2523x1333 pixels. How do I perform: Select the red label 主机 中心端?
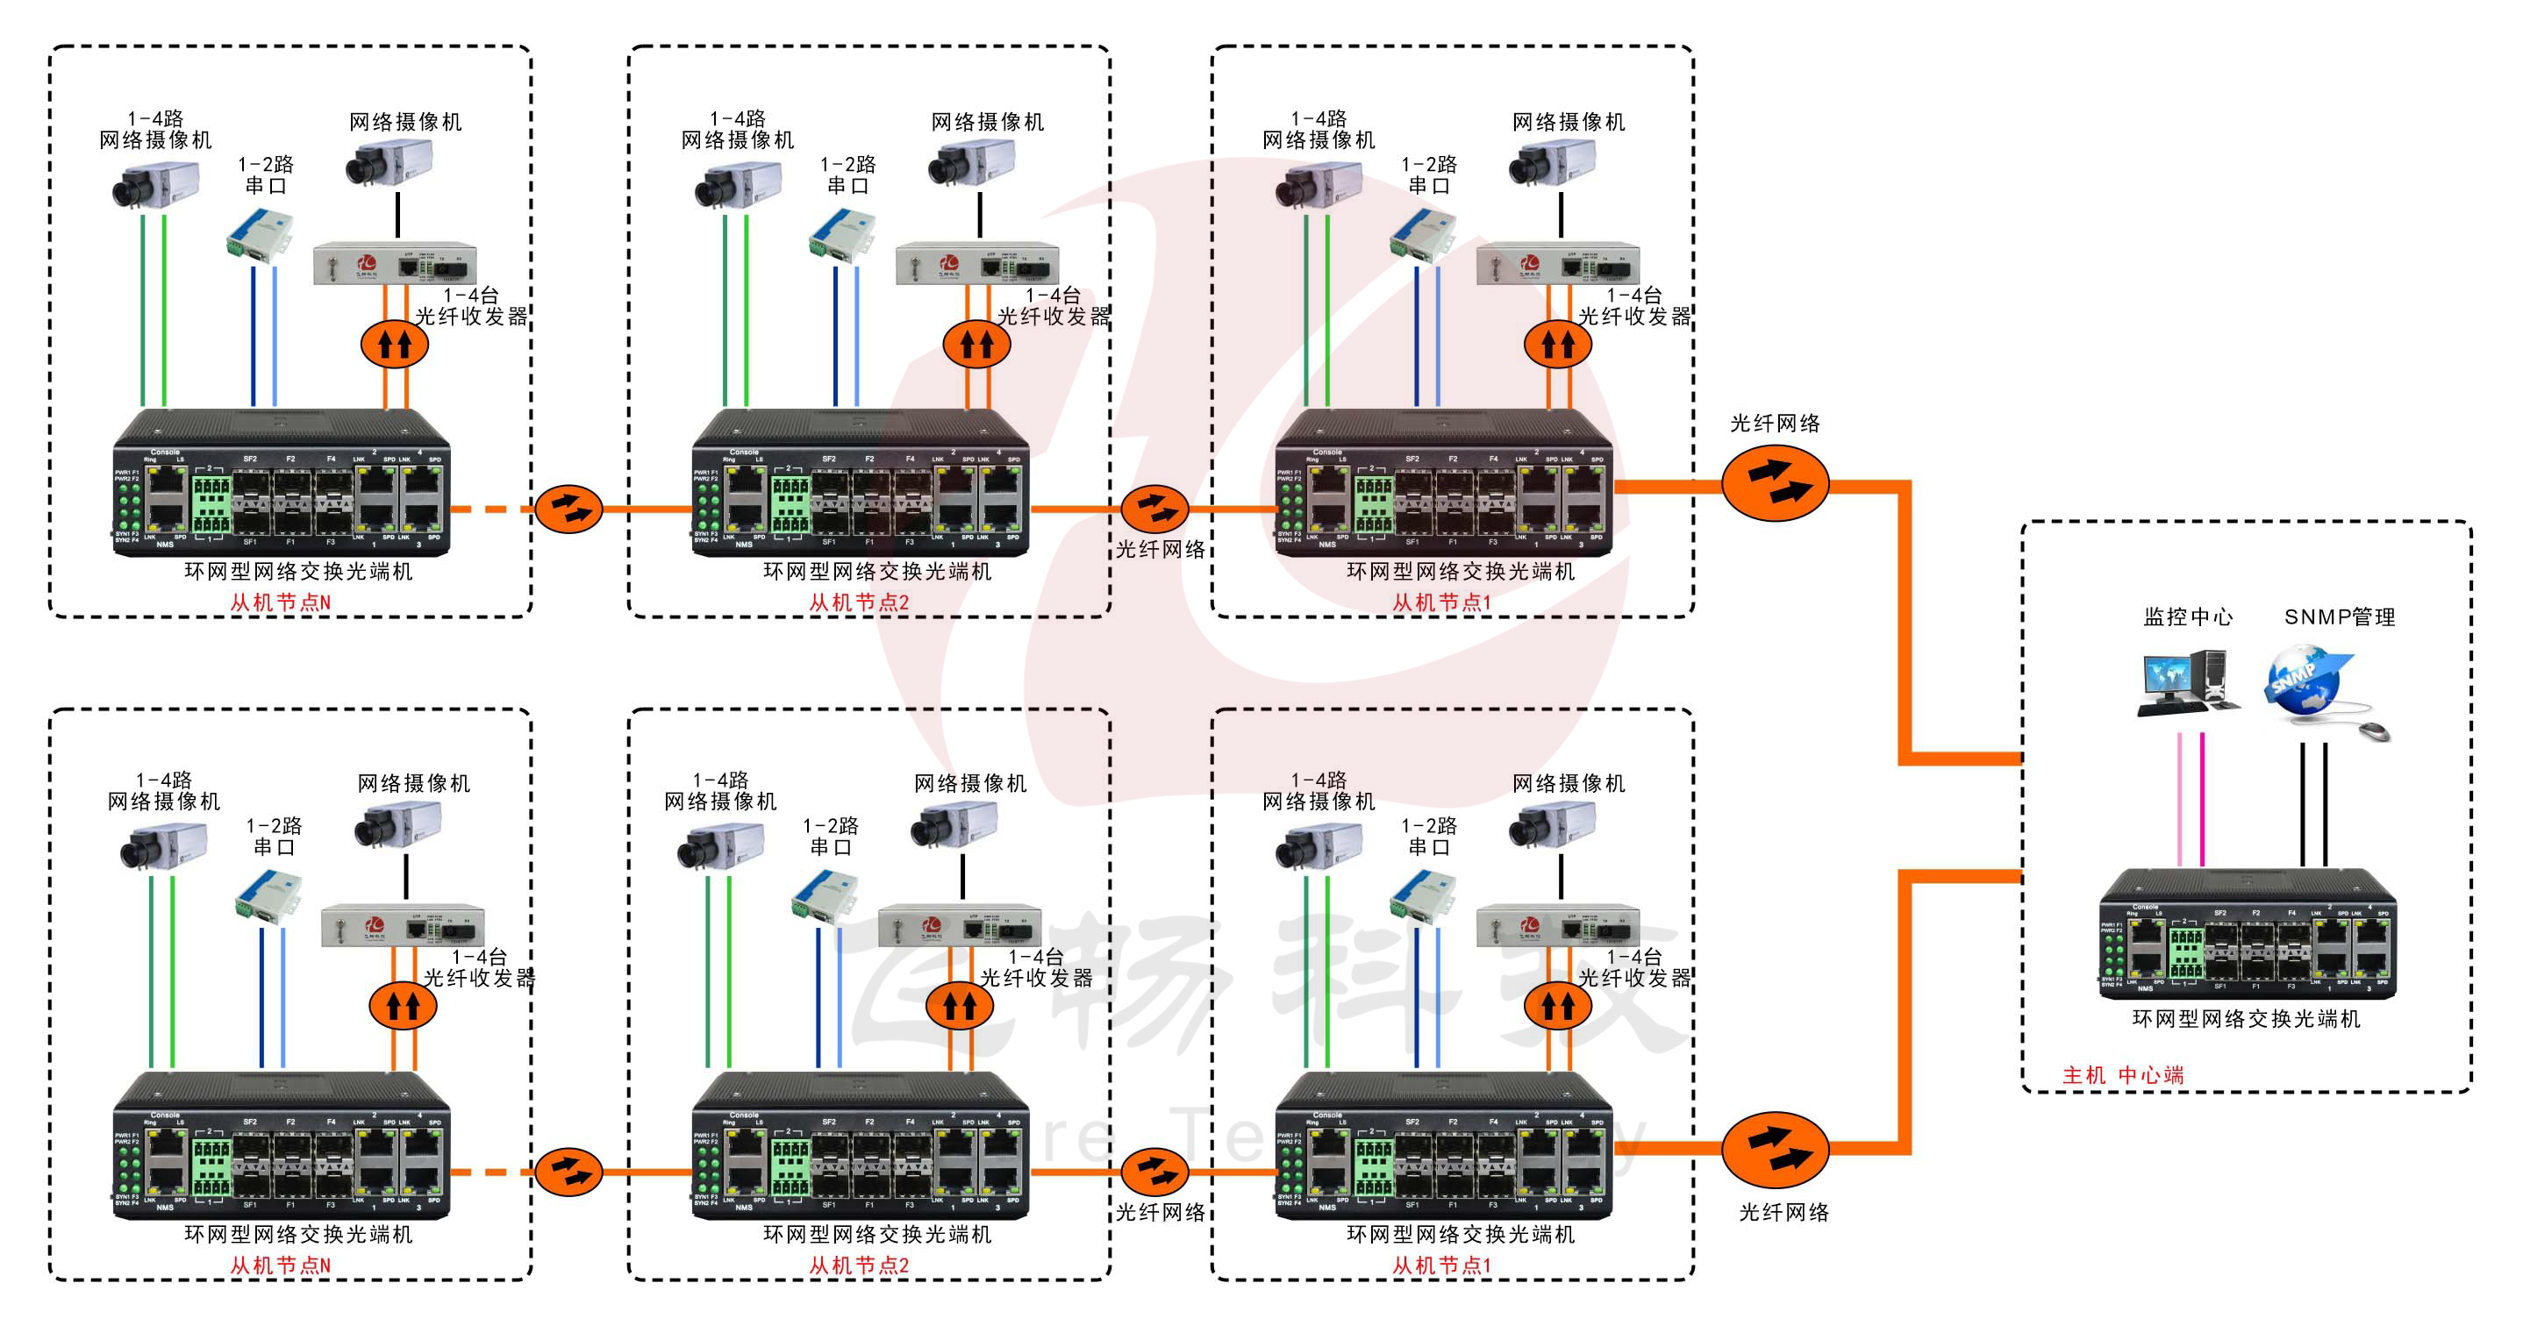click(2122, 1074)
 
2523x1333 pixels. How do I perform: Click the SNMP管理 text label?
click(2339, 617)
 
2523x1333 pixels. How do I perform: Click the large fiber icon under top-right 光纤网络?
click(1774, 483)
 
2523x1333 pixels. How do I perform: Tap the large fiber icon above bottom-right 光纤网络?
click(1774, 1148)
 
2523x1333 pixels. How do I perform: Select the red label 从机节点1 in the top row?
click(1440, 602)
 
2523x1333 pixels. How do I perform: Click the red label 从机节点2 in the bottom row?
click(858, 1265)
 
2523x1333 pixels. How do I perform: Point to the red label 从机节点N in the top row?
click(280, 602)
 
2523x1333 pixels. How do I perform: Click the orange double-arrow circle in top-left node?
click(395, 344)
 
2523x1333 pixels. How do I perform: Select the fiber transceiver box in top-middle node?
click(976, 263)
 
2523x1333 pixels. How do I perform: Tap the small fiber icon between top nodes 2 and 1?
click(1154, 509)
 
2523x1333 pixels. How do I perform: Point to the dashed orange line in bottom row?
click(490, 1172)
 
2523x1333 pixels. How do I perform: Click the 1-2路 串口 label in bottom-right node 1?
click(1428, 836)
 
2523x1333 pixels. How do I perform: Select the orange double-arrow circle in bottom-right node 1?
click(1557, 1005)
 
